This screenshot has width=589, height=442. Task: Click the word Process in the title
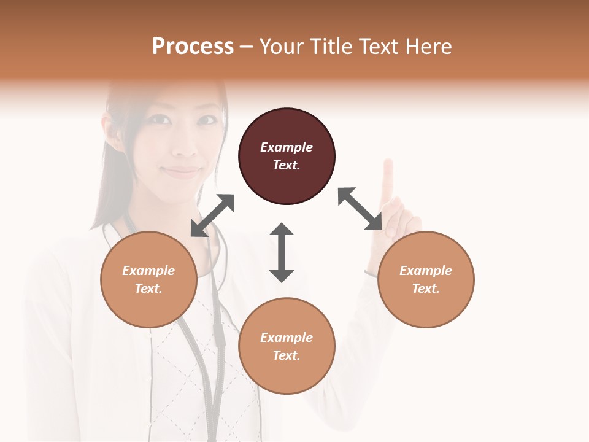coord(193,47)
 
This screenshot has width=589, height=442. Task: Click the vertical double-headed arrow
coord(282,252)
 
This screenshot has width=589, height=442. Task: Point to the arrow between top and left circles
coord(212,215)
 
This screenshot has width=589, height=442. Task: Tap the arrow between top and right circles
coord(360,209)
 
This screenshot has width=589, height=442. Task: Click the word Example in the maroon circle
coord(287,147)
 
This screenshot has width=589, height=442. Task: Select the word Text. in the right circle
coord(426,289)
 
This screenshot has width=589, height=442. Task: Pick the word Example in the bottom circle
coord(287,338)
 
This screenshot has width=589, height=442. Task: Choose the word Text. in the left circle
coord(148,289)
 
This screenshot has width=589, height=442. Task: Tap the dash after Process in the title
coord(247,47)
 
